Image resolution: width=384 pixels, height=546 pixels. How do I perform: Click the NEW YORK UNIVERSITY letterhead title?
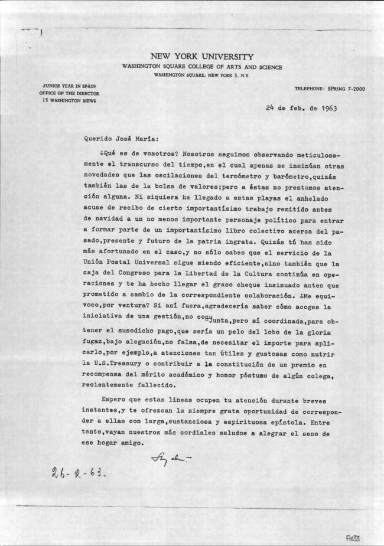click(x=202, y=57)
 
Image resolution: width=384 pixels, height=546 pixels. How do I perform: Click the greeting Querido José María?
click(x=121, y=140)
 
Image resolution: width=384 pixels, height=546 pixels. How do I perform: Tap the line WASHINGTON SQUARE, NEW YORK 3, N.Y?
click(x=201, y=75)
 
